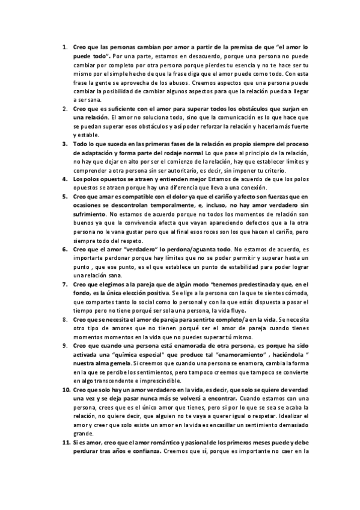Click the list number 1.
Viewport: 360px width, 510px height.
pos(64,46)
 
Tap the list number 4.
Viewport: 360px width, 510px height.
pos(64,179)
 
